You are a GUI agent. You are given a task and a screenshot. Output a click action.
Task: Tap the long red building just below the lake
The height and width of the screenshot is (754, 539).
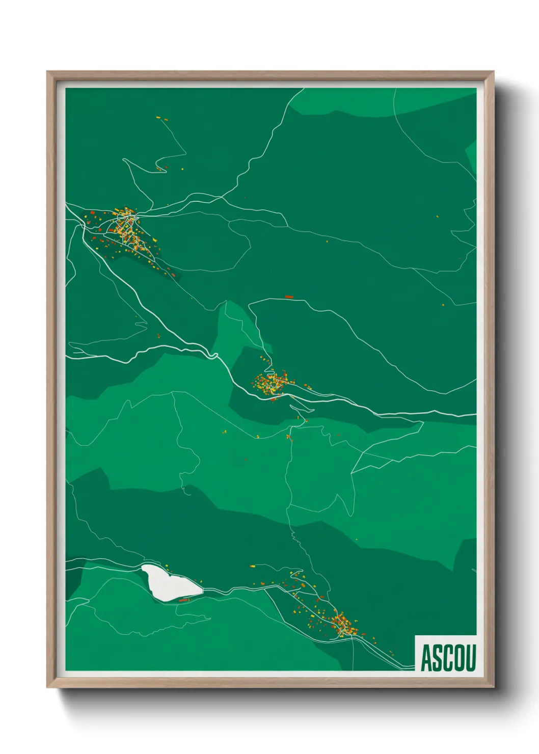[183, 601]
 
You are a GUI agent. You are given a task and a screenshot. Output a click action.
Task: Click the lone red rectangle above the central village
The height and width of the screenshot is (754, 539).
[289, 297]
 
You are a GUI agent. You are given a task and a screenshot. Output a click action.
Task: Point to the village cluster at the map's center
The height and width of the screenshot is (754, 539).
[273, 382]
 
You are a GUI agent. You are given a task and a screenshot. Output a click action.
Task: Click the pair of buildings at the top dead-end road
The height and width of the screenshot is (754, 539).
[158, 118]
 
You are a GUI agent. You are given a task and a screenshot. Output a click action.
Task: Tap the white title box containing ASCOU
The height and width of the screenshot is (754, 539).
[446, 653]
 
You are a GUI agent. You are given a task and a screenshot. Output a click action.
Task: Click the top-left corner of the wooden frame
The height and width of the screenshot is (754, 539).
[48, 73]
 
